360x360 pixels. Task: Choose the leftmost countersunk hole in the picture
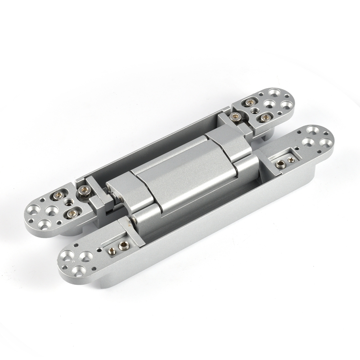click(x=33, y=211)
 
